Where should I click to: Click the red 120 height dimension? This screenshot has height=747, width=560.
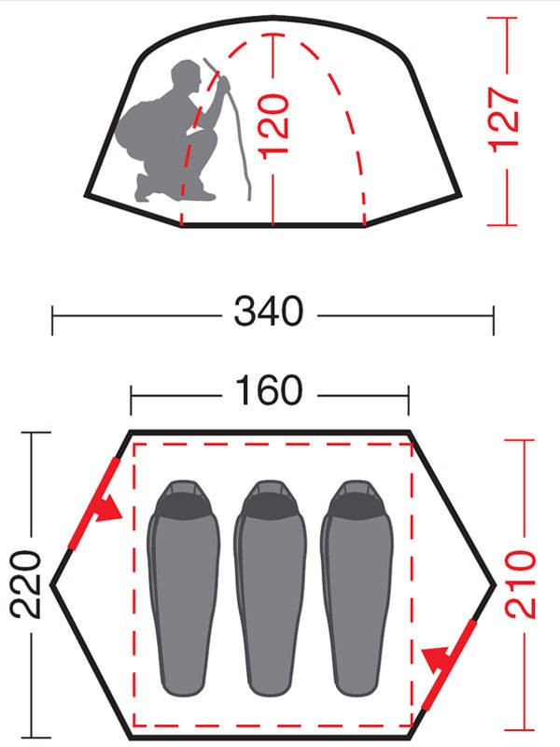273,126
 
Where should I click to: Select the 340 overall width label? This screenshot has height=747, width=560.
269,312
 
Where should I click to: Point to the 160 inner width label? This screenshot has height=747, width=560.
269,390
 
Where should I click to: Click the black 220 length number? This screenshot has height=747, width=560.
26,585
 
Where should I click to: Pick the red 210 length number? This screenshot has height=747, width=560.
521,585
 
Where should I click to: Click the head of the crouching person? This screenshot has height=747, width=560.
186,78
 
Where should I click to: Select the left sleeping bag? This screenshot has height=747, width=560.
183,588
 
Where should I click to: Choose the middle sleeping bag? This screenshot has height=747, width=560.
270,588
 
